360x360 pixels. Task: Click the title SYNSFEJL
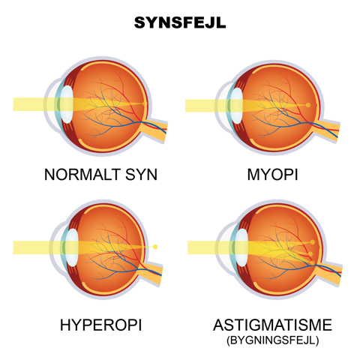click(x=180, y=22)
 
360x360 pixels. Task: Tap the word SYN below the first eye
click(x=141, y=175)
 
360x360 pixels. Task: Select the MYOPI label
click(x=272, y=175)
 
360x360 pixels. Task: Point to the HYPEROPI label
click(x=100, y=325)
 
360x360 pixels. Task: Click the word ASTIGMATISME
click(x=272, y=325)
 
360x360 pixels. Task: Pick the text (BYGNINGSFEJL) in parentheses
click(x=273, y=340)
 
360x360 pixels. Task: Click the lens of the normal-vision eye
click(x=67, y=104)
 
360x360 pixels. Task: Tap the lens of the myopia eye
click(x=236, y=106)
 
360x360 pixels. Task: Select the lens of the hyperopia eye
click(x=72, y=247)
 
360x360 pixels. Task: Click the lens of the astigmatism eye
click(x=241, y=247)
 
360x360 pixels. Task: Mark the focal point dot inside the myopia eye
click(x=308, y=105)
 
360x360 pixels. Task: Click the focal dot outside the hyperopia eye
click(x=155, y=247)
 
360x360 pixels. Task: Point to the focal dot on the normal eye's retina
click(x=144, y=103)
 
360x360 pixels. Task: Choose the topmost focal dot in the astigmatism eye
click(x=313, y=242)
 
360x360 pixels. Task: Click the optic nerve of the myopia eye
click(x=326, y=130)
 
